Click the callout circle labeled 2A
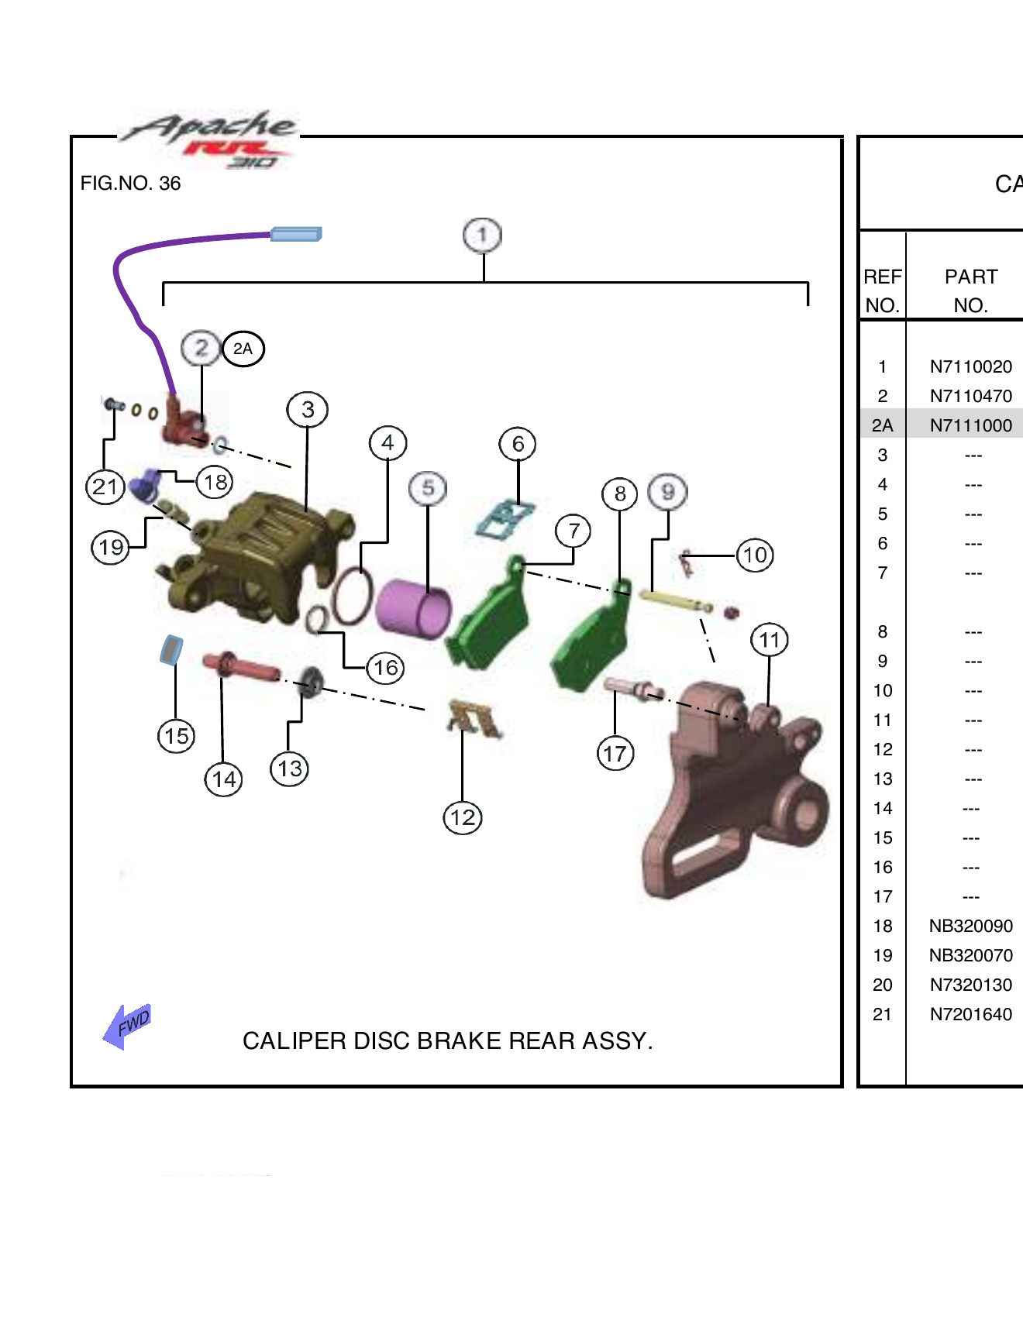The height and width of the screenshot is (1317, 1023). pyautogui.click(x=243, y=349)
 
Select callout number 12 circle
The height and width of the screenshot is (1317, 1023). pyautogui.click(x=463, y=817)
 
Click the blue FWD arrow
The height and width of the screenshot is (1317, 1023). pyautogui.click(x=128, y=1026)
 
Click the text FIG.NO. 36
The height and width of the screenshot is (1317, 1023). pyautogui.click(x=130, y=184)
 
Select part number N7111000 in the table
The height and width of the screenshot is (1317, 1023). pyautogui.click(x=970, y=425)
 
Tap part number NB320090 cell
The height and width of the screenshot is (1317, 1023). pyautogui.click(x=970, y=926)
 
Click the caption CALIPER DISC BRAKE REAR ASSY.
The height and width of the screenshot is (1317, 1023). pyautogui.click(x=447, y=1040)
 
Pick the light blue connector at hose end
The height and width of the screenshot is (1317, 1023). pyautogui.click(x=296, y=234)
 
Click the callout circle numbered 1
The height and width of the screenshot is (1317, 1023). pyautogui.click(x=482, y=235)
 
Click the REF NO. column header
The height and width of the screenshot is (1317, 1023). pyautogui.click(x=882, y=291)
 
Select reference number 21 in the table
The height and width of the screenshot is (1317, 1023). pyautogui.click(x=882, y=1014)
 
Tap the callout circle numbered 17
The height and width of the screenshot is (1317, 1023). pyautogui.click(x=615, y=753)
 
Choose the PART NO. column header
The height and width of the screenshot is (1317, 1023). pyautogui.click(x=970, y=291)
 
